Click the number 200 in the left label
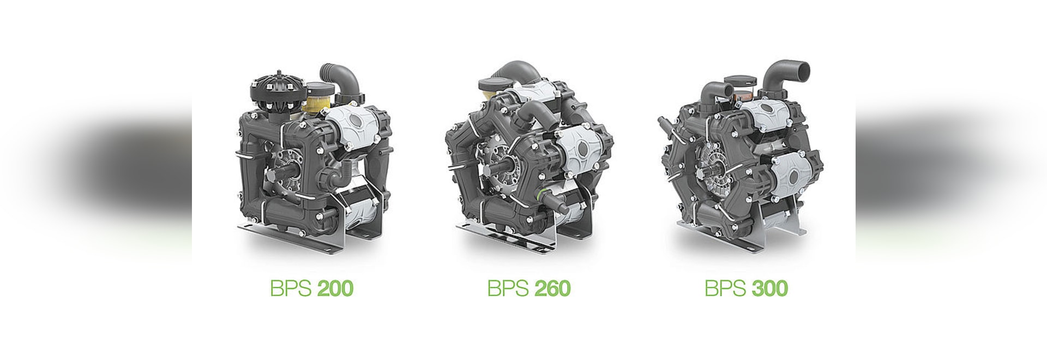coord(335,288)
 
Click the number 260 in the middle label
coord(552,288)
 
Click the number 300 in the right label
coord(769,288)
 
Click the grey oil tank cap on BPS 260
coord(494,85)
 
